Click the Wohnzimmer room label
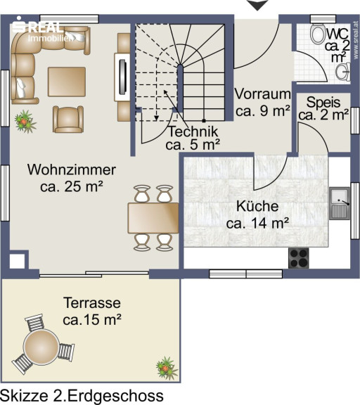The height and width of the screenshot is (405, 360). pos(72,169)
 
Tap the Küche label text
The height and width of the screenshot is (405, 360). pos(257,206)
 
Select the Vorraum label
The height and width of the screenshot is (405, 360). pos(262,94)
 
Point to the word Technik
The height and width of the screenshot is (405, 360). pos(193,131)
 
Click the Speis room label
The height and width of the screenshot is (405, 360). pos(323,103)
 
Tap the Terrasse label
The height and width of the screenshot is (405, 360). pos(92,303)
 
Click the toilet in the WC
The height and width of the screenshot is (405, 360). pos(319,34)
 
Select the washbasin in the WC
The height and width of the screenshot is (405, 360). pos(343,72)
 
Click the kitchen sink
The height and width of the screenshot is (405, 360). pos(340,203)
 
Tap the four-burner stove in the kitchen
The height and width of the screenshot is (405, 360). pos(299,258)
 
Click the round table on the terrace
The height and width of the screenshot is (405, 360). pos(41,346)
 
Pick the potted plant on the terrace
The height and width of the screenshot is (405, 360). pos(167,368)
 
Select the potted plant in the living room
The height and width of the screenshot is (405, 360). pos(25,121)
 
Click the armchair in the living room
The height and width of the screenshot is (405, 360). pos(68,119)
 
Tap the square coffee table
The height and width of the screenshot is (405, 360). pos(67,82)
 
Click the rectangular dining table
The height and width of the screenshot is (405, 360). pos(153,218)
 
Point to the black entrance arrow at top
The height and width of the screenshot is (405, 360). pos(257,5)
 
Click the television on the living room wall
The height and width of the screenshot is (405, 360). pos(122,77)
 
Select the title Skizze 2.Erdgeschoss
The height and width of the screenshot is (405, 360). pos(82,396)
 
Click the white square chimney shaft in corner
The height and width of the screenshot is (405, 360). pos(18,261)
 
